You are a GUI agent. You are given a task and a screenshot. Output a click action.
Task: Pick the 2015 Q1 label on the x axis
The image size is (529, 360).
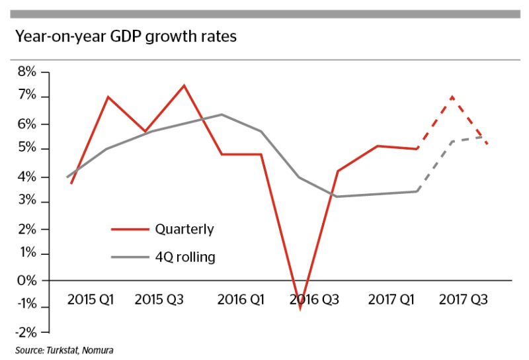[91, 299]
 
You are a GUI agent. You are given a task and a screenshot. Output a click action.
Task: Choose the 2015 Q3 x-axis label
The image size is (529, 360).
[159, 299]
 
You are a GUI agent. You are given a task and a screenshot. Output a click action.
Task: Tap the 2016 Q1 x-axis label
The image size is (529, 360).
[241, 299]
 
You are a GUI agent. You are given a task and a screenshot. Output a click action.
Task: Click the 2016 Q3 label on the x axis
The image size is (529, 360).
[314, 299]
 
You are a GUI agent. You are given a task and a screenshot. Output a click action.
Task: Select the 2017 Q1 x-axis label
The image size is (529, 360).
[391, 299]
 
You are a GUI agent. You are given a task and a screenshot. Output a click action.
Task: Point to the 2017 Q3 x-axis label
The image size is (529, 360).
[464, 299]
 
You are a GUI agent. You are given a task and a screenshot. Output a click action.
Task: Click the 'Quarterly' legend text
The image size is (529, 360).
[184, 230]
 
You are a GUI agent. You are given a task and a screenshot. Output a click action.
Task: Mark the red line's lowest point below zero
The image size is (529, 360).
[300, 308]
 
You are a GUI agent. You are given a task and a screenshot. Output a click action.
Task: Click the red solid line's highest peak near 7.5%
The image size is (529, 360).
[184, 85]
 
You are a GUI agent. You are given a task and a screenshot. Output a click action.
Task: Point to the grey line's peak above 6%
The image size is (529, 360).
[222, 114]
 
